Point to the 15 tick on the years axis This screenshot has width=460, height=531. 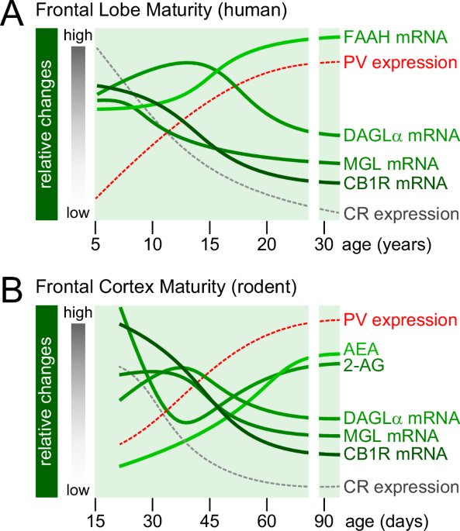pyautogui.click(x=209, y=247)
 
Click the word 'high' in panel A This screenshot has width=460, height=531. pyautogui.click(x=78, y=36)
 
